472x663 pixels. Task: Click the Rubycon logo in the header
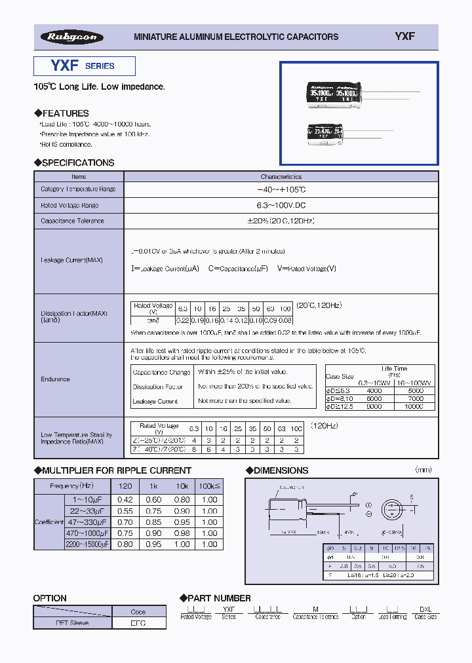pos(71,37)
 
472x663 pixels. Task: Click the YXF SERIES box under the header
pos(85,66)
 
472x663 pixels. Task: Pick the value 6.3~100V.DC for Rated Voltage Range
pos(281,205)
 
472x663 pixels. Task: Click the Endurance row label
pos(56,379)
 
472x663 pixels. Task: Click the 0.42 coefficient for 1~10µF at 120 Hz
pos(125,500)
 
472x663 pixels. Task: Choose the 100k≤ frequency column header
pos(209,486)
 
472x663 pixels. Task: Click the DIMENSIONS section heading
pos(277,470)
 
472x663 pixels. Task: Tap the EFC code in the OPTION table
pos(138,623)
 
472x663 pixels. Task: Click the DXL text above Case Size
pos(425,609)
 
